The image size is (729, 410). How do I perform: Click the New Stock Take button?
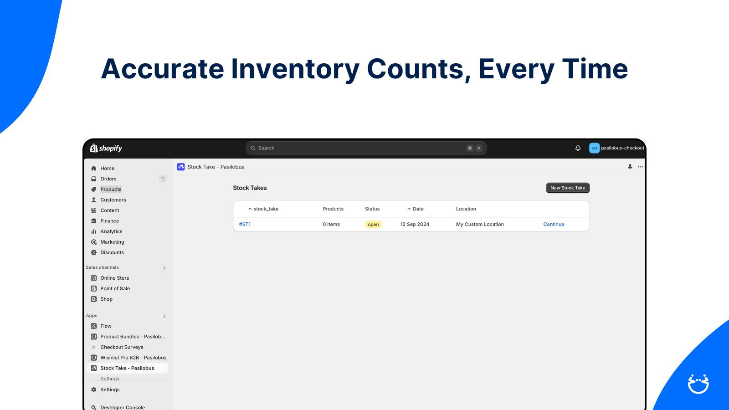tap(568, 188)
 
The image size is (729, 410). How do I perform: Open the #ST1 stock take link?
tap(245, 224)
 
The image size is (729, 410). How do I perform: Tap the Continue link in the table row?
tap(554, 224)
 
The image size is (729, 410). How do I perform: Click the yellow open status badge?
tap(373, 224)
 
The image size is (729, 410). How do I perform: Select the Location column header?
tap(466, 209)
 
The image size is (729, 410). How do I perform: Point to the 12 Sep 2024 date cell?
tap(415, 224)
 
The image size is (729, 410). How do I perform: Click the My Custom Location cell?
tap(480, 224)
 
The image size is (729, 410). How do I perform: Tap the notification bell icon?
tap(578, 148)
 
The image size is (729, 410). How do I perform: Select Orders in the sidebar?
tap(108, 179)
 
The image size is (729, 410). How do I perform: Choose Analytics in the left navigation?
tap(111, 231)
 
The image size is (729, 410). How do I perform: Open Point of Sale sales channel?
tap(115, 288)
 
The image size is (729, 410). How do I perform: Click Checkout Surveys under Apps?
tap(122, 347)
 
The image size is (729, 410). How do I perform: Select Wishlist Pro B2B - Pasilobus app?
tap(133, 358)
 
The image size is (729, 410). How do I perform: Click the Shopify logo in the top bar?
tap(106, 148)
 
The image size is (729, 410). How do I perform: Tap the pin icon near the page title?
tap(630, 167)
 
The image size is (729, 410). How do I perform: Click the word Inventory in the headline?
tap(295, 69)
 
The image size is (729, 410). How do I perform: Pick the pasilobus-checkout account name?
tap(622, 148)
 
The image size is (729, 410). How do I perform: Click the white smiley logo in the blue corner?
tap(698, 384)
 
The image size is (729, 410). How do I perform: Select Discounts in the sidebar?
tap(112, 252)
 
